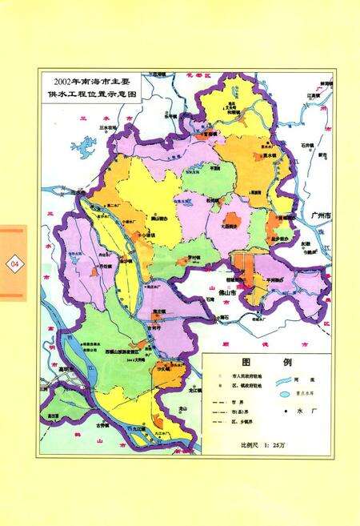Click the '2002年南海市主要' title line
point(90,82)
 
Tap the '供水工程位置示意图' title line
point(90,94)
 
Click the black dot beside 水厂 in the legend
point(283,412)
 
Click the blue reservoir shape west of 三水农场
point(82,147)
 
